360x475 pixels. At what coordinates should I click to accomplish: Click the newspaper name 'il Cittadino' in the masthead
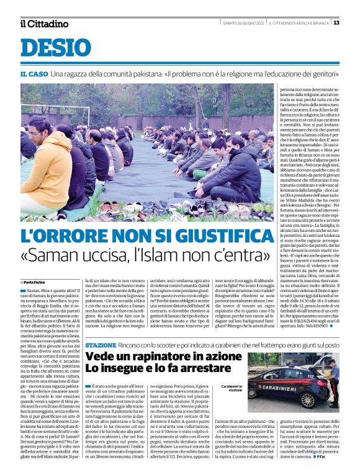[44, 24]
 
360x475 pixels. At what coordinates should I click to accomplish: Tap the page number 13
[336, 23]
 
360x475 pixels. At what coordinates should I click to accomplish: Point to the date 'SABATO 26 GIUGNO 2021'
[244, 23]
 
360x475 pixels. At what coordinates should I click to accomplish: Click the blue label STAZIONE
[100, 344]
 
